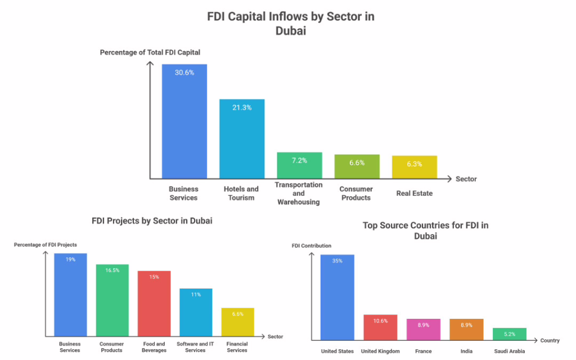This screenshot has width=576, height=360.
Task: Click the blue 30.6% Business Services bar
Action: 184,121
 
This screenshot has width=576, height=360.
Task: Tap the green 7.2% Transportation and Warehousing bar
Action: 299,165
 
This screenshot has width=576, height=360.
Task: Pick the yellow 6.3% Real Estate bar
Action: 415,167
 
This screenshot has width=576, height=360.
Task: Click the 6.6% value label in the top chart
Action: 357,163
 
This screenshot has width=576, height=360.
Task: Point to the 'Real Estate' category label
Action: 415,193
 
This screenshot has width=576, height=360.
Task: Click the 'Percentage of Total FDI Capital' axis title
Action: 150,52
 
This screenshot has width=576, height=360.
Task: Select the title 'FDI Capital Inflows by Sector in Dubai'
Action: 291,23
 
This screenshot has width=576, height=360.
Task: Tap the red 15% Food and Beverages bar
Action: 154,304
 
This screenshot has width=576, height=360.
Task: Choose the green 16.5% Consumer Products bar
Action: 112,300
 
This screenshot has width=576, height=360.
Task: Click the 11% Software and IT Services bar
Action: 196,312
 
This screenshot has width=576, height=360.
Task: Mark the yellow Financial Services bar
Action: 237,322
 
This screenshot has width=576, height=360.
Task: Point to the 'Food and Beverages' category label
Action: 154,347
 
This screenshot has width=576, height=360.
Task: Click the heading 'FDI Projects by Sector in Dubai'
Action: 152,221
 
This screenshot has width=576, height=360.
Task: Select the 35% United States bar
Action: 337,297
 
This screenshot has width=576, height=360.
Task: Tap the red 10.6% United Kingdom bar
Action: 380,327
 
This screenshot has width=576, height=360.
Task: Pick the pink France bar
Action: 423,329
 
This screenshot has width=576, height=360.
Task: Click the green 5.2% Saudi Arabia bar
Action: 510,334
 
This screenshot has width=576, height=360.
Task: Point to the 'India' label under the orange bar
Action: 466,351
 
